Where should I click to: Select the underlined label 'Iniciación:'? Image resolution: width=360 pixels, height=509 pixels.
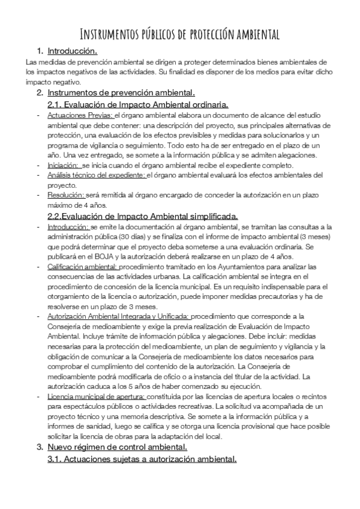tap(63, 164)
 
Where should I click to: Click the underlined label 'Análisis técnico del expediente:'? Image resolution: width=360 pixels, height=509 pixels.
tap(96, 175)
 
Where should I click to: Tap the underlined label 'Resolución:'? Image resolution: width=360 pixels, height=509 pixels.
tap(66, 195)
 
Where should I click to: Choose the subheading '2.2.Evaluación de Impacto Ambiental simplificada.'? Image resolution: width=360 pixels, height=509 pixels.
tap(142, 216)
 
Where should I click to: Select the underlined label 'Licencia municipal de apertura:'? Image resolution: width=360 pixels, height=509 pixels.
tap(96, 397)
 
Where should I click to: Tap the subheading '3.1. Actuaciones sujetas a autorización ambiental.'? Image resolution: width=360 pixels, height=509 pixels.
tap(142, 459)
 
